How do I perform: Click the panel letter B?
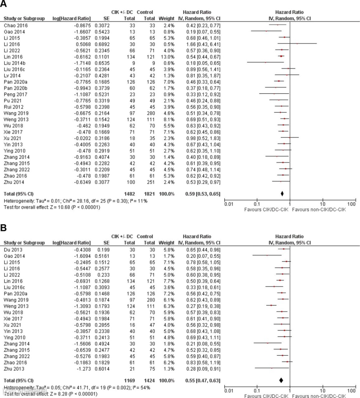[x=4, y=228]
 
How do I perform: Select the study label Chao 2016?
[x=16, y=26]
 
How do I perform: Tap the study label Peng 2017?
[x=16, y=95]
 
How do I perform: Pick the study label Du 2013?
[x=13, y=250]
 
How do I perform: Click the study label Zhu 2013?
[x=14, y=369]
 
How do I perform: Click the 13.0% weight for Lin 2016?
[x=167, y=57]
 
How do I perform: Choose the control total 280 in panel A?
[x=151, y=113]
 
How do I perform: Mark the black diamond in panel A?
[x=282, y=194]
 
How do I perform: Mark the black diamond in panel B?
[x=281, y=380]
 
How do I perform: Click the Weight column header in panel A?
[x=166, y=19]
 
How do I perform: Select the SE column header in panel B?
[x=106, y=243]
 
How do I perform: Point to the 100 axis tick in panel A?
[x=351, y=204]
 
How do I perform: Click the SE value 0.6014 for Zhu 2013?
[x=102, y=369]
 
